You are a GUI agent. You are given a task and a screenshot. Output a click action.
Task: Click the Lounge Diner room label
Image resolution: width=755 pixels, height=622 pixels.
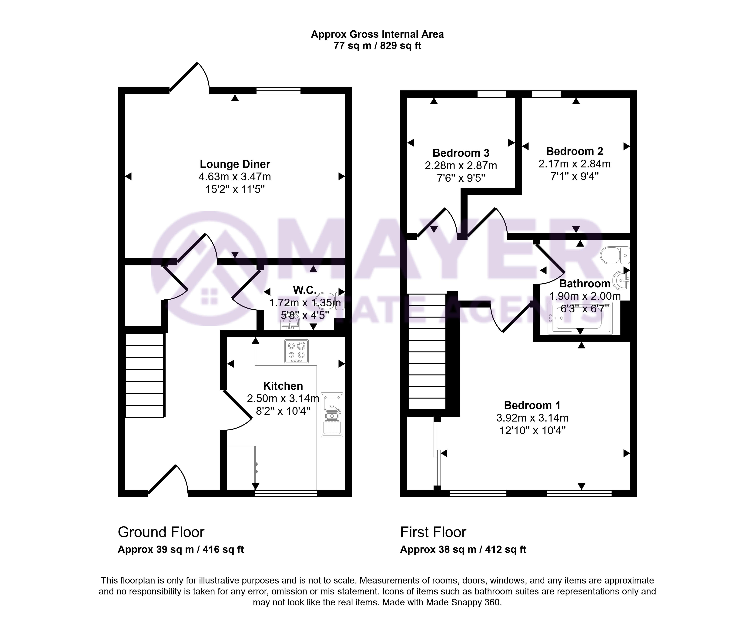tap(235, 164)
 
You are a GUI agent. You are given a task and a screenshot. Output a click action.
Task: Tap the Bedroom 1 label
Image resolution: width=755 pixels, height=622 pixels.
tap(532, 405)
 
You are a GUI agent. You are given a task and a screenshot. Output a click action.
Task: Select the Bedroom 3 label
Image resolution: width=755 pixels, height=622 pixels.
tap(461, 153)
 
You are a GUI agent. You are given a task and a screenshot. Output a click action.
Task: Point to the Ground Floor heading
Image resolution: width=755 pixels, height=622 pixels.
tap(161, 532)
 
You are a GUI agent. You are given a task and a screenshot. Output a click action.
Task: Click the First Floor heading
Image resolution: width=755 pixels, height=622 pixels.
tap(433, 532)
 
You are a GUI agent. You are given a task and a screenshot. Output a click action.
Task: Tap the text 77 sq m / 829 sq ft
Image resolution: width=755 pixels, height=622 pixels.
tap(377, 46)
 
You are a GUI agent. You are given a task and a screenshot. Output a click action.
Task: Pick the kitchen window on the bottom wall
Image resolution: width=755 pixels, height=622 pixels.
tap(286, 493)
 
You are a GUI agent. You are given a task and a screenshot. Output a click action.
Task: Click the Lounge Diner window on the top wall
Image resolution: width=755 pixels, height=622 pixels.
tap(279, 91)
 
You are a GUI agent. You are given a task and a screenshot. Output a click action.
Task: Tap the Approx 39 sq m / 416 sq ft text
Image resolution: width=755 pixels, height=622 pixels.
tap(181, 549)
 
